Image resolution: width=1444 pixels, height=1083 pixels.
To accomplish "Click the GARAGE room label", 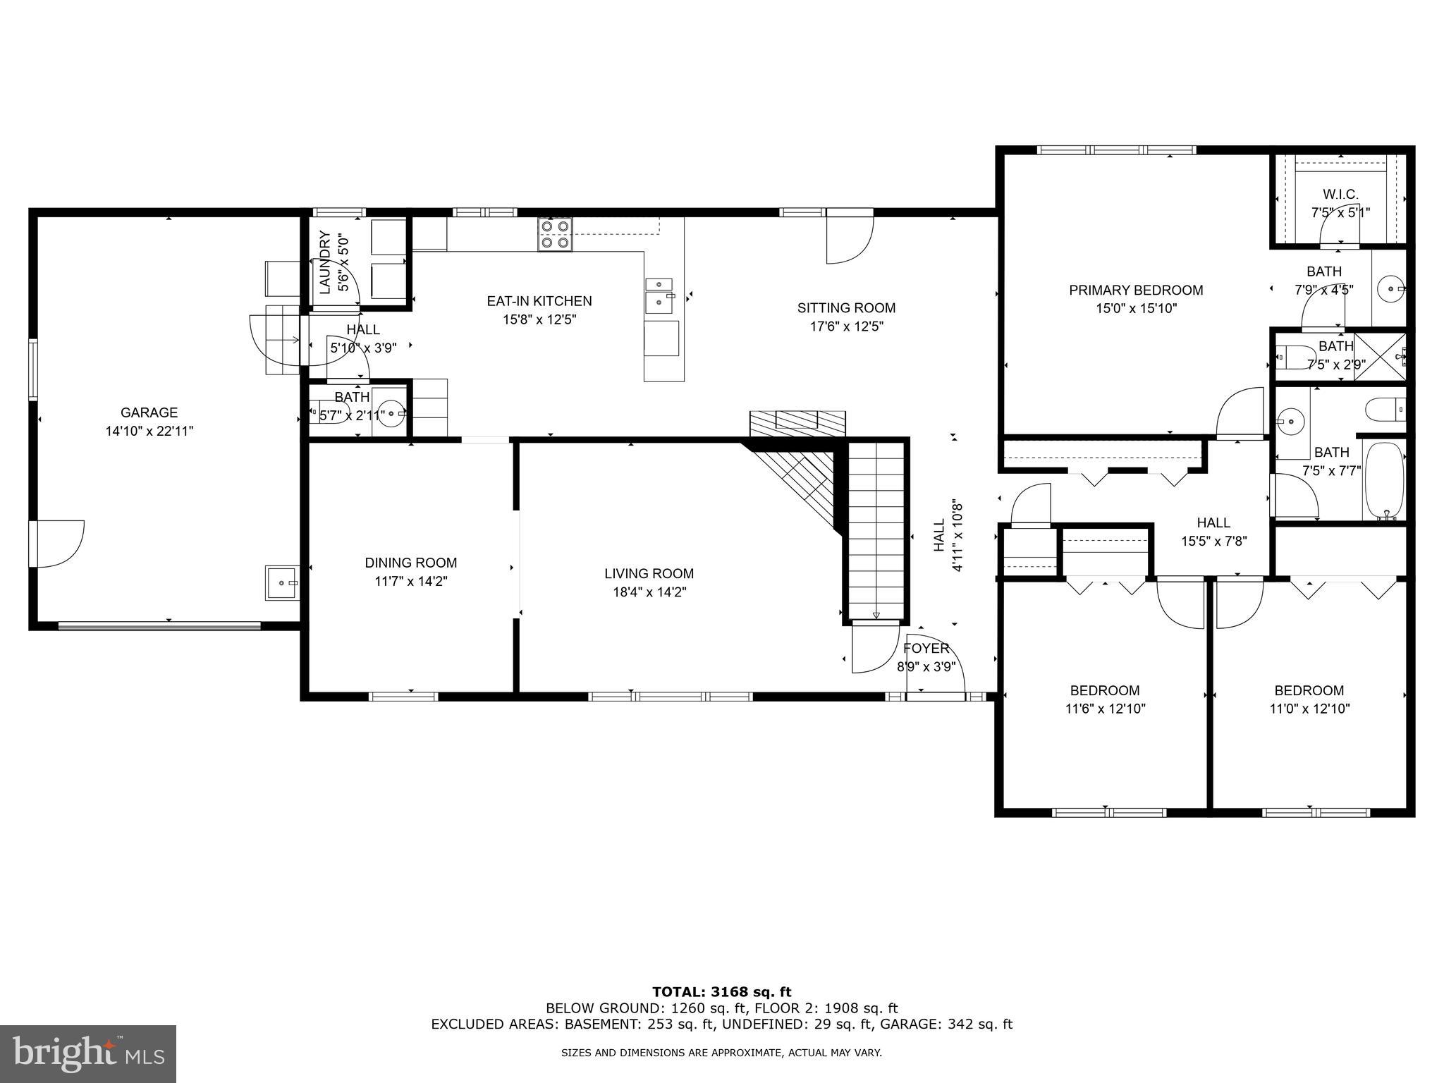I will pos(149,412).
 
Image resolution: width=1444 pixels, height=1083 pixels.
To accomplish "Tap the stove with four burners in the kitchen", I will pos(555,235).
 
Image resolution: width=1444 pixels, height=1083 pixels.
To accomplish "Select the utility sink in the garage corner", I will pos(282,583).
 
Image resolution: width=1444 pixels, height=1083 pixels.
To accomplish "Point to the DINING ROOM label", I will pos(410,563).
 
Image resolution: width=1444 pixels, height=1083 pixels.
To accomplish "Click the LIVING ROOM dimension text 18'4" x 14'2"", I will pos(649,592).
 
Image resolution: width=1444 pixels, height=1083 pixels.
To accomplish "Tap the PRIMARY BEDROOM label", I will pos(1135,290).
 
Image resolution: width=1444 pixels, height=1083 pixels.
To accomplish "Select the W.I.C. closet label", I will pos(1340,195).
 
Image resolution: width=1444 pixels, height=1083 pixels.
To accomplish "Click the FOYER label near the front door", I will pos(926,648).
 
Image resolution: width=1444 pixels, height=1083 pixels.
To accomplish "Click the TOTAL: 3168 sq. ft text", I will pos(721,993).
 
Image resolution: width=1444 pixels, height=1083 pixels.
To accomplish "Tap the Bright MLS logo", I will pos(88,1053).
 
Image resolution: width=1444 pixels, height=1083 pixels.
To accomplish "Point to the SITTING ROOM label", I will pos(846,308).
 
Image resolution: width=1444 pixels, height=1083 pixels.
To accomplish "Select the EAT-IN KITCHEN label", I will pos(539,301).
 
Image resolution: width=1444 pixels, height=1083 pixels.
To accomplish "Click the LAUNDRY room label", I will pos(325,262).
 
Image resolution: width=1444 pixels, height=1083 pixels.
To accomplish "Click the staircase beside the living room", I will pos(876,529).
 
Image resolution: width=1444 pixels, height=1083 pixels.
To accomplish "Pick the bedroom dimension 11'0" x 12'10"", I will pos(1309,709).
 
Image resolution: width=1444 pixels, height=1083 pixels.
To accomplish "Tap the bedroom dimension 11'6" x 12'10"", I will pos(1105,709).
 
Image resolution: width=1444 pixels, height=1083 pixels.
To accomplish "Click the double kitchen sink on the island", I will pos(661,294).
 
